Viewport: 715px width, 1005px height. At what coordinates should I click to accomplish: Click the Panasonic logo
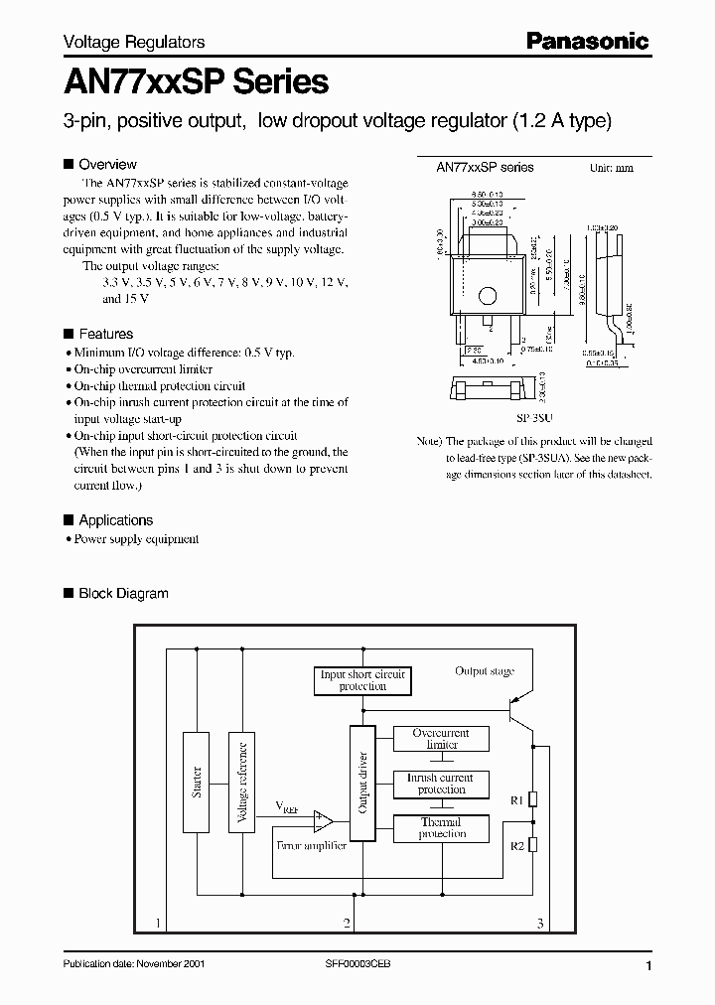coord(586,41)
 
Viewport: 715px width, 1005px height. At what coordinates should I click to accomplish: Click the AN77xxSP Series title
coord(196,81)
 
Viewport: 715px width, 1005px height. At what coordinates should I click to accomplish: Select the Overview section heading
coord(107,164)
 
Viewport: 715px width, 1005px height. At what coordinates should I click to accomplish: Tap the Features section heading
coord(105,334)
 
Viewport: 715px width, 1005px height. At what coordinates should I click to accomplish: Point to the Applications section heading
coord(115,519)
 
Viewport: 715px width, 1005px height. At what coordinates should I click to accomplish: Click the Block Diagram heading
coord(123,593)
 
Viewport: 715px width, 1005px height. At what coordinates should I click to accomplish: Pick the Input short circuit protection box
coord(362,680)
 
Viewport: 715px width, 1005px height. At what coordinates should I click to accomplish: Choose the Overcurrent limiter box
coord(442,739)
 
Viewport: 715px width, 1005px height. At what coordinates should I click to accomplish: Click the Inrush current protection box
coord(442,784)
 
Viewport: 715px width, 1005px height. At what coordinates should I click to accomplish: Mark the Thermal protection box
coord(442,828)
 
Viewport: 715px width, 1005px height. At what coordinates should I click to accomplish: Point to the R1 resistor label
coord(515,798)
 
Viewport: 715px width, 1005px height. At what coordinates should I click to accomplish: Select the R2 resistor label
coord(515,844)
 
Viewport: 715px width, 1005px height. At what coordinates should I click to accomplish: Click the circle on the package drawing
coord(488,295)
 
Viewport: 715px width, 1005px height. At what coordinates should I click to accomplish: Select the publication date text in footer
coord(133,965)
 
